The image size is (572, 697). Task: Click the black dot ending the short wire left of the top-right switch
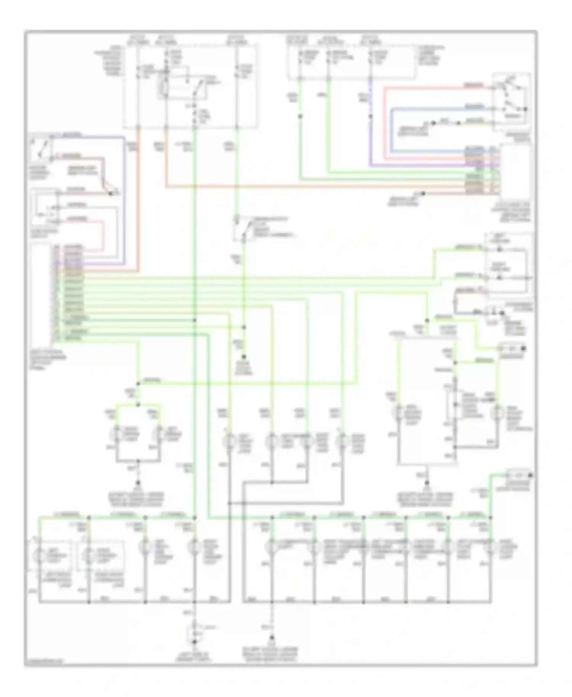tap(433, 123)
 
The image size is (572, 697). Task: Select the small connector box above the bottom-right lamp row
tap(519, 475)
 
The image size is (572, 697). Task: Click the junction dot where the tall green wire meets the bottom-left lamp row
tap(194, 518)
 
